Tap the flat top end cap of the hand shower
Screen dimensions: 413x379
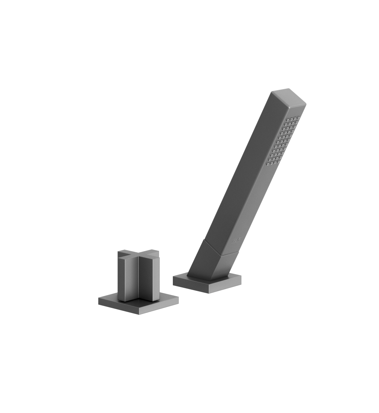[289, 96]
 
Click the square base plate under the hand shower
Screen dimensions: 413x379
[207, 283]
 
